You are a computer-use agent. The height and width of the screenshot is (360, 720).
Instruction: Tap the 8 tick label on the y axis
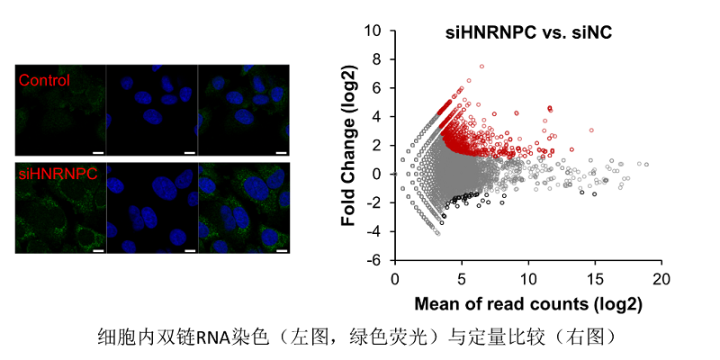(x=379, y=59)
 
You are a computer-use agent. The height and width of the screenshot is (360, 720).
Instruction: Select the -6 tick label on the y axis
(x=376, y=260)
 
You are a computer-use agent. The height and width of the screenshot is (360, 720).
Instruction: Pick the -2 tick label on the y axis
(x=376, y=202)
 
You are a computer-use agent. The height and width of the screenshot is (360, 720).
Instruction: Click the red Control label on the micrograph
(x=44, y=80)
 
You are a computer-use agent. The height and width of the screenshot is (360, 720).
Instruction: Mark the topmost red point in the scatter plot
(x=482, y=67)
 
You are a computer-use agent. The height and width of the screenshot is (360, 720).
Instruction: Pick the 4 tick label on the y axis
(x=379, y=117)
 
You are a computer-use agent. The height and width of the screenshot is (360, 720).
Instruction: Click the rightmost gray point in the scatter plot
(x=646, y=165)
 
